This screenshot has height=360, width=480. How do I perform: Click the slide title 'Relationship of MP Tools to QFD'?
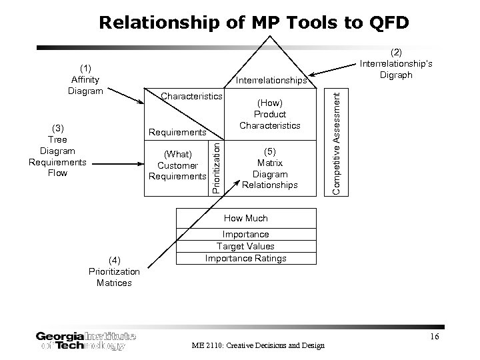click(254, 23)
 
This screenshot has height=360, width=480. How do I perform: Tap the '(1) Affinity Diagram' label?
click(85, 79)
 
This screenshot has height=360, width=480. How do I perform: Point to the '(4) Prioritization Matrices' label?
click(113, 271)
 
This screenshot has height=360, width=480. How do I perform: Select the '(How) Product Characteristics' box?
click(270, 114)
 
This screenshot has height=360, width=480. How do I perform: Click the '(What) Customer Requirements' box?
click(177, 165)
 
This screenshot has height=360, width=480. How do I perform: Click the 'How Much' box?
click(246, 218)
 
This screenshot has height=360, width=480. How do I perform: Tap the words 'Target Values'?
click(246, 246)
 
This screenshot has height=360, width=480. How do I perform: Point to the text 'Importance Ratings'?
click(246, 258)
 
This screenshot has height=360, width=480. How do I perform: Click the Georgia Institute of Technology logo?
click(86, 340)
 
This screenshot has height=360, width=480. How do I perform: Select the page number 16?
click(434, 337)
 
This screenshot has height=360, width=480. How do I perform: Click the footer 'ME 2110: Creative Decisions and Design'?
click(257, 345)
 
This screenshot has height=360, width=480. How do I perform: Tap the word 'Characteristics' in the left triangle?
click(191, 97)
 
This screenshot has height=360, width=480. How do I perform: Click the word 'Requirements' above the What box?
click(177, 132)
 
